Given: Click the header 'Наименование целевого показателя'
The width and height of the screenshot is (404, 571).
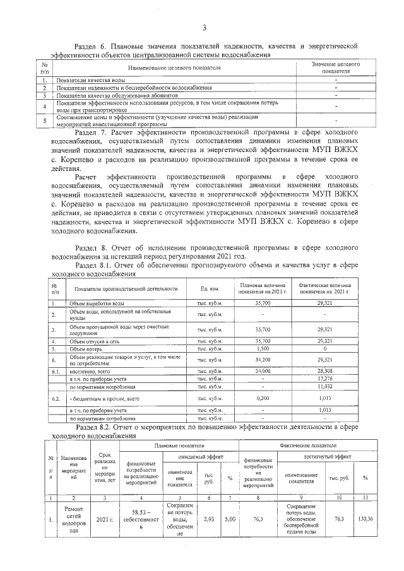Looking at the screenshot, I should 174,67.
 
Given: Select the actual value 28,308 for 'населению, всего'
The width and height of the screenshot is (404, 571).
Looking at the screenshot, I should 324,372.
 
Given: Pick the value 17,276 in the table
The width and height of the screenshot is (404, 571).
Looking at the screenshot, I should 324,379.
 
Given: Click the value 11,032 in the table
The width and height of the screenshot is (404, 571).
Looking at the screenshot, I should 324,386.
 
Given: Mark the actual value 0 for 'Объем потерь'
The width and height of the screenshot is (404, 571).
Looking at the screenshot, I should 324,348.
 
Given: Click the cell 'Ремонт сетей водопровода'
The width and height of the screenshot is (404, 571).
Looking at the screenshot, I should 73,520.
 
